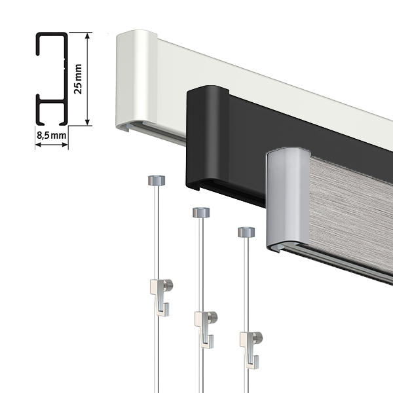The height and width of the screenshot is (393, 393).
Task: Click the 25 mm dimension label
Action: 78,79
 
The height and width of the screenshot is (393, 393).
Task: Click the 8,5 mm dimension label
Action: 52,136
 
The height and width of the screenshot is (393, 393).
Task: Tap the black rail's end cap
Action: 208,138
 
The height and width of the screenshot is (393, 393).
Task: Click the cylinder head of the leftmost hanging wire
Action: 157,181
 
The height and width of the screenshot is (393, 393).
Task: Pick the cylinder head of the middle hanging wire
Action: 201,212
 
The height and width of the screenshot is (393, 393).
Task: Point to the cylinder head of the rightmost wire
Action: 246,232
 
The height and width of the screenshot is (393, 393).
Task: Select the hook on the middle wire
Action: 204,329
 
